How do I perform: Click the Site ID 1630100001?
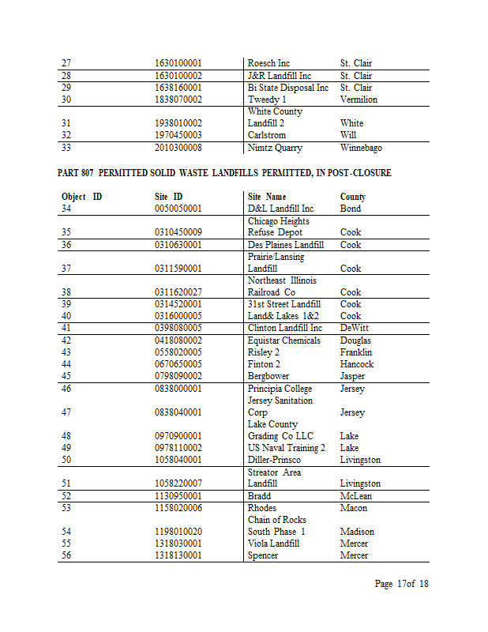coord(178,63)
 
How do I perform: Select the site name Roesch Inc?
coord(268,63)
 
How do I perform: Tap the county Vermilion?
coord(358,100)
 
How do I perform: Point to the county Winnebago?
coord(361,148)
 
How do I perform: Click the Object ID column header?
coord(81,197)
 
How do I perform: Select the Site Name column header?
coord(267,197)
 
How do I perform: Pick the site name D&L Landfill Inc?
coord(280,209)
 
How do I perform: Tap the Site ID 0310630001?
coord(178,245)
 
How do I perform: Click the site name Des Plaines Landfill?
coord(286,245)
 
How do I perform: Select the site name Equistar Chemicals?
coord(284,340)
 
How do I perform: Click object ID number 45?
coord(66,376)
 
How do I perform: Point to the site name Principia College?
coord(280,389)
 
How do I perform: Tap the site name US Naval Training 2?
coord(287,448)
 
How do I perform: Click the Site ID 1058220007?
coord(178,483)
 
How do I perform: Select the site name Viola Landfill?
coord(273,544)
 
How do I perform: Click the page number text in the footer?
coord(401,584)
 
